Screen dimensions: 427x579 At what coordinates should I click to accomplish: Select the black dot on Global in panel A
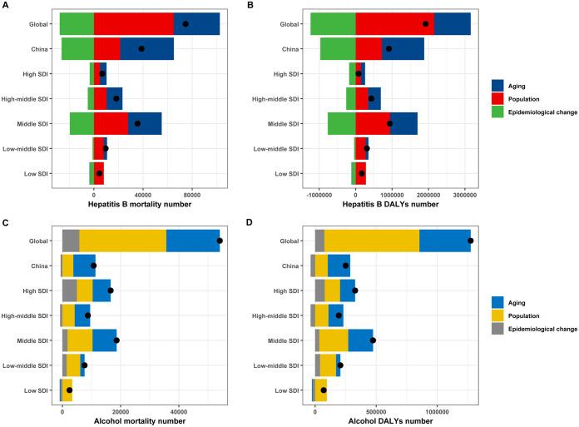186,24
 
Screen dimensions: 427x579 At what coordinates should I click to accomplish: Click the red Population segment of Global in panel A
133,24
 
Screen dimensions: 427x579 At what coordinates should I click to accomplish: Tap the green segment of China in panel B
338,49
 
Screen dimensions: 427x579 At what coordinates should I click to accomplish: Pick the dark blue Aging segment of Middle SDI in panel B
403,123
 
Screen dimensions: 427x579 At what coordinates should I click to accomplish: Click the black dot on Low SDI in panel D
324,390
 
